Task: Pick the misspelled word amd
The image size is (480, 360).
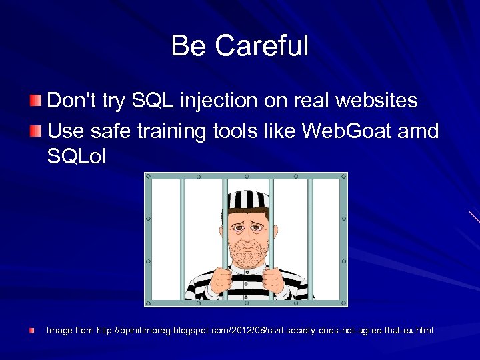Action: tap(420, 131)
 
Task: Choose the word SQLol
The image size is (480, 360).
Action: tap(77, 157)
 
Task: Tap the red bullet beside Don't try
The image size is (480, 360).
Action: tap(35, 101)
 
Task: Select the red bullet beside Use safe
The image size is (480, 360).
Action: tap(35, 130)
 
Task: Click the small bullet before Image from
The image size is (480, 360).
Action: tap(31, 330)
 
